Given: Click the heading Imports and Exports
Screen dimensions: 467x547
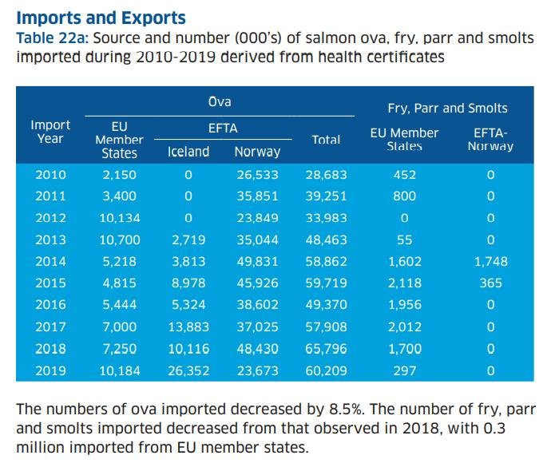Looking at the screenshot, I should point(101,17).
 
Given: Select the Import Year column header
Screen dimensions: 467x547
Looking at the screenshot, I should point(50,131).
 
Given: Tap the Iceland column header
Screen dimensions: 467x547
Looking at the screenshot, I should point(188,151).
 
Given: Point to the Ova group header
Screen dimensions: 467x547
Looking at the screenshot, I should point(220,102).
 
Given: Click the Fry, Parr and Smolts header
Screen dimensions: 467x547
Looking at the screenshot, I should point(447,108).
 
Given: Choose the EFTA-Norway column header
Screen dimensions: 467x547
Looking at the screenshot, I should point(490,140).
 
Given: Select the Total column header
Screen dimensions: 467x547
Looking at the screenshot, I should point(326,139).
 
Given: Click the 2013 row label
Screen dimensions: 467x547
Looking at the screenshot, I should point(50,239).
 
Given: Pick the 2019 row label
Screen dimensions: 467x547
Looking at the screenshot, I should point(50,370).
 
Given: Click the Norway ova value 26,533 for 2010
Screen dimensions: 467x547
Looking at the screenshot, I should point(257,174).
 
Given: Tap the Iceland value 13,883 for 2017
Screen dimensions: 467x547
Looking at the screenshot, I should point(188,327).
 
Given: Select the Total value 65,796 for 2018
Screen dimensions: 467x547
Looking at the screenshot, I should point(326,349).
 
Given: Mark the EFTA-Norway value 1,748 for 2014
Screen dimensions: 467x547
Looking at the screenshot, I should point(490,261).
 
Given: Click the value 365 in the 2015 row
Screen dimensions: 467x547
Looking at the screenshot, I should point(490,283).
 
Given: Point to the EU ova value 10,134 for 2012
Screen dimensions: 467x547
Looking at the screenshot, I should point(119,218).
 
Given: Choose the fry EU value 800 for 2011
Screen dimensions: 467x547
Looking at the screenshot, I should point(404,196).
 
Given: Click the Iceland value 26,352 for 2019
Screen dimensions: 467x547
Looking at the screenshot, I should point(188,370).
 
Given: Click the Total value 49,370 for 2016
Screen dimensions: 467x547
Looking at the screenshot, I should point(326,305).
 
